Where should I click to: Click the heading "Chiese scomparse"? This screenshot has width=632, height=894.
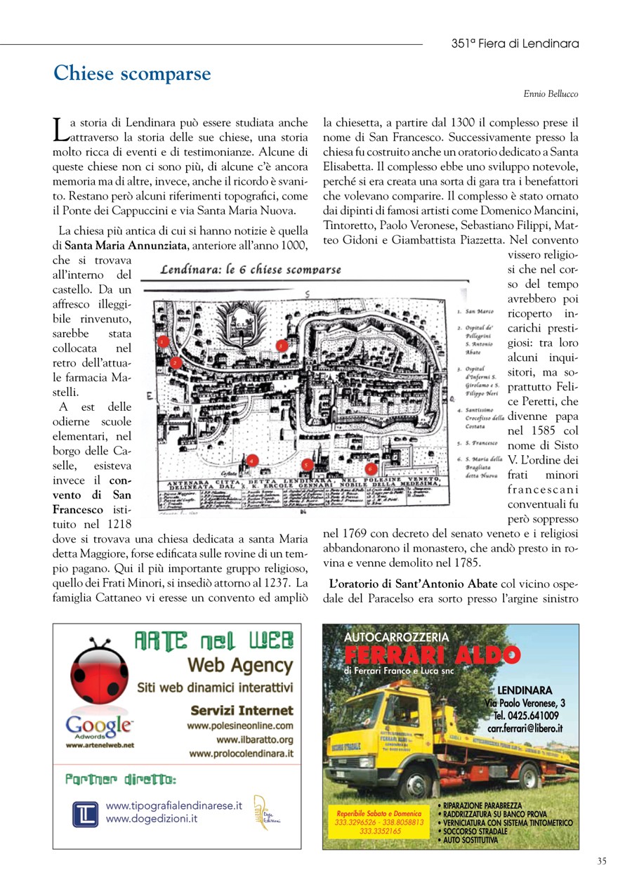[132, 74]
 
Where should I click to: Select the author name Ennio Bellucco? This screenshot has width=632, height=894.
[551, 93]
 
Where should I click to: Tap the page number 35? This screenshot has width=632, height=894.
[602, 861]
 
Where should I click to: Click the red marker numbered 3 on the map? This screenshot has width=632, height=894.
[282, 345]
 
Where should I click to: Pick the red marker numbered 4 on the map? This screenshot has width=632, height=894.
[253, 461]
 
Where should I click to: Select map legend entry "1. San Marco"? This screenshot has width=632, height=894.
[475, 310]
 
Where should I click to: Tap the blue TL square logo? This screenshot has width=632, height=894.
[86, 814]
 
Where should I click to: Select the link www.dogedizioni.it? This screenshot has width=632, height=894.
[151, 818]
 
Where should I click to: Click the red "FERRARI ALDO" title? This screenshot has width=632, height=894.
[432, 656]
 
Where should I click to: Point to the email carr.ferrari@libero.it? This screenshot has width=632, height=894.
[525, 729]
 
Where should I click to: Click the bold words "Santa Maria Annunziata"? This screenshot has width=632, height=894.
[126, 245]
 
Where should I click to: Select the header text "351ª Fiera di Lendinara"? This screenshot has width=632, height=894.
[515, 44]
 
